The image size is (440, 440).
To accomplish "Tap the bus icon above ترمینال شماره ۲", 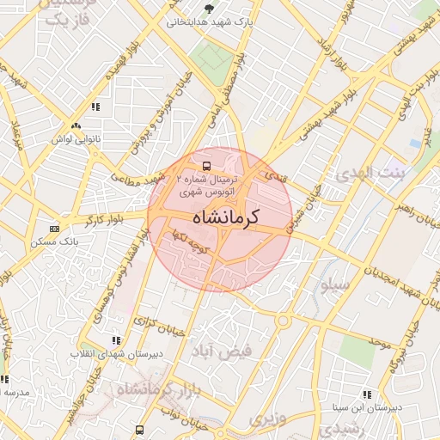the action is click(206, 164).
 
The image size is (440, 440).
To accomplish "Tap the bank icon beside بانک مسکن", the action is click(55, 229).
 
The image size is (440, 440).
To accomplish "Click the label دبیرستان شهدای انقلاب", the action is click(115, 353).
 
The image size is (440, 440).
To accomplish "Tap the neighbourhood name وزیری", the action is click(266, 419).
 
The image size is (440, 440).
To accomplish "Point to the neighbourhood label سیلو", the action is click(333, 284).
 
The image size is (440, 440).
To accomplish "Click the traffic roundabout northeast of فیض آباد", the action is click(283, 322).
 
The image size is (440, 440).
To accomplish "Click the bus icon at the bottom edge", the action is click(140, 429).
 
